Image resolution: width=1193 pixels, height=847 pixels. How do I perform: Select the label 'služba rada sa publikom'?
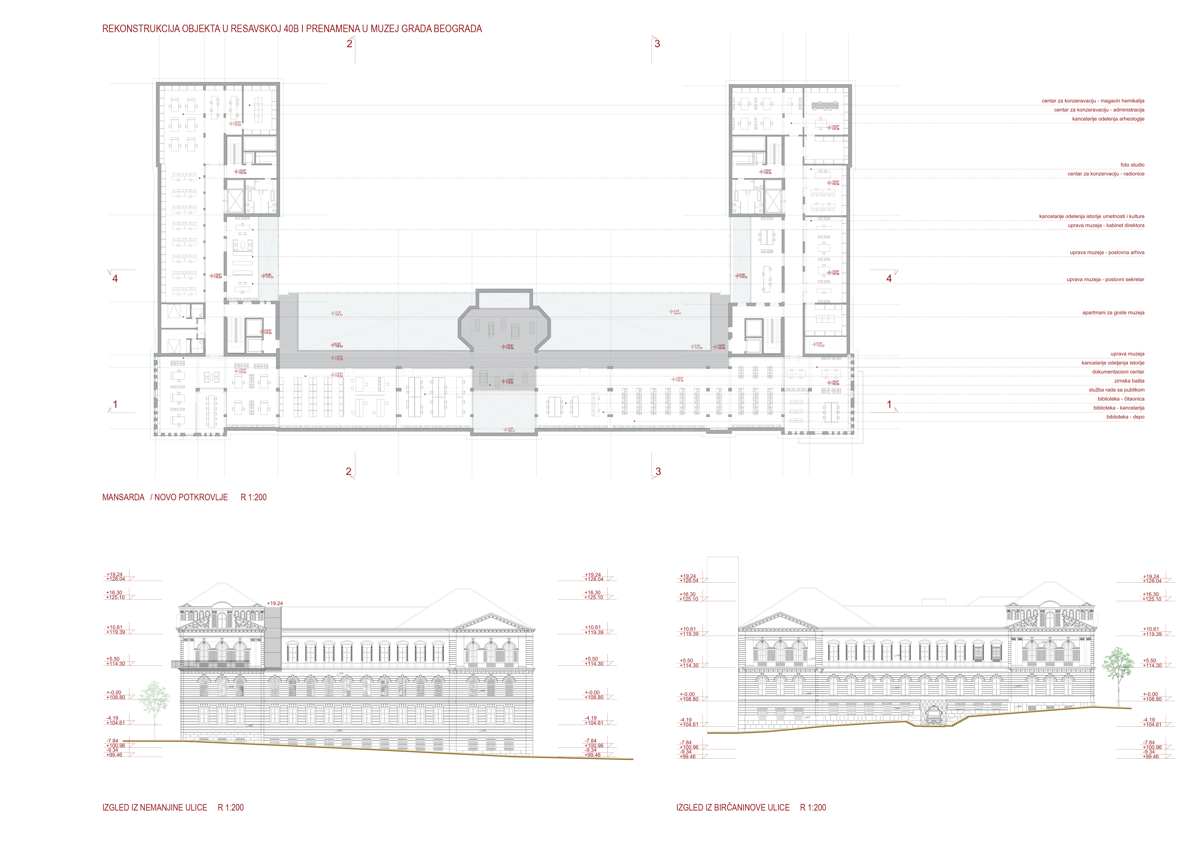[x=1116, y=390]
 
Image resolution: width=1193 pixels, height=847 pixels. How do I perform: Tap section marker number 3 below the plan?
[x=658, y=472]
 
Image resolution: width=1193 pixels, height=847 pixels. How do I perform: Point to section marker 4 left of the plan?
[x=115, y=278]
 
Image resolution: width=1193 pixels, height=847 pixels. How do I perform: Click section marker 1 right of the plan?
[x=889, y=404]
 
